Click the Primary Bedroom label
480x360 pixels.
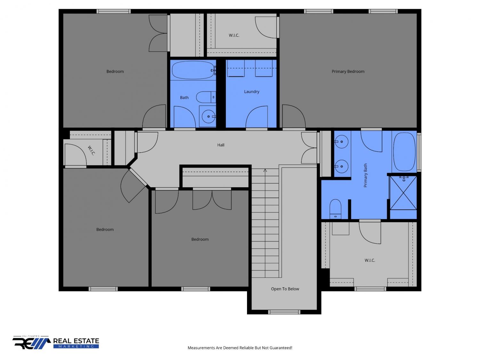coord(348,71)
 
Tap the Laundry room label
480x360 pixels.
coord(252,92)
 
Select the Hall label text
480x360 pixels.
coord(221,145)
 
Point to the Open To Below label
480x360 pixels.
coord(285,289)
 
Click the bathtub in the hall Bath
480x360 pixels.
coord(193,70)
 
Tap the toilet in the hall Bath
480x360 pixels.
coord(206,97)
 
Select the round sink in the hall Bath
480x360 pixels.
coord(208,116)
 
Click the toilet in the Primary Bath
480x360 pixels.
coord(335,209)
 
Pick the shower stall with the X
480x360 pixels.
coord(403,193)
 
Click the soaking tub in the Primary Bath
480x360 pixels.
coord(404,151)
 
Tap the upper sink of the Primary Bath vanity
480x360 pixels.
coord(341,142)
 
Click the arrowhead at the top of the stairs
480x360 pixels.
coord(265,170)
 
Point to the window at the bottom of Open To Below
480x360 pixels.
coord(284,312)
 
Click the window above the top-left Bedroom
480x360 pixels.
coord(114,12)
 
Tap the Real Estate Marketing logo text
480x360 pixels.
coord(76,343)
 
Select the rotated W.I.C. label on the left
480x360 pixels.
coord(91,150)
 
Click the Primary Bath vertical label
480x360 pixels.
coord(365,175)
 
